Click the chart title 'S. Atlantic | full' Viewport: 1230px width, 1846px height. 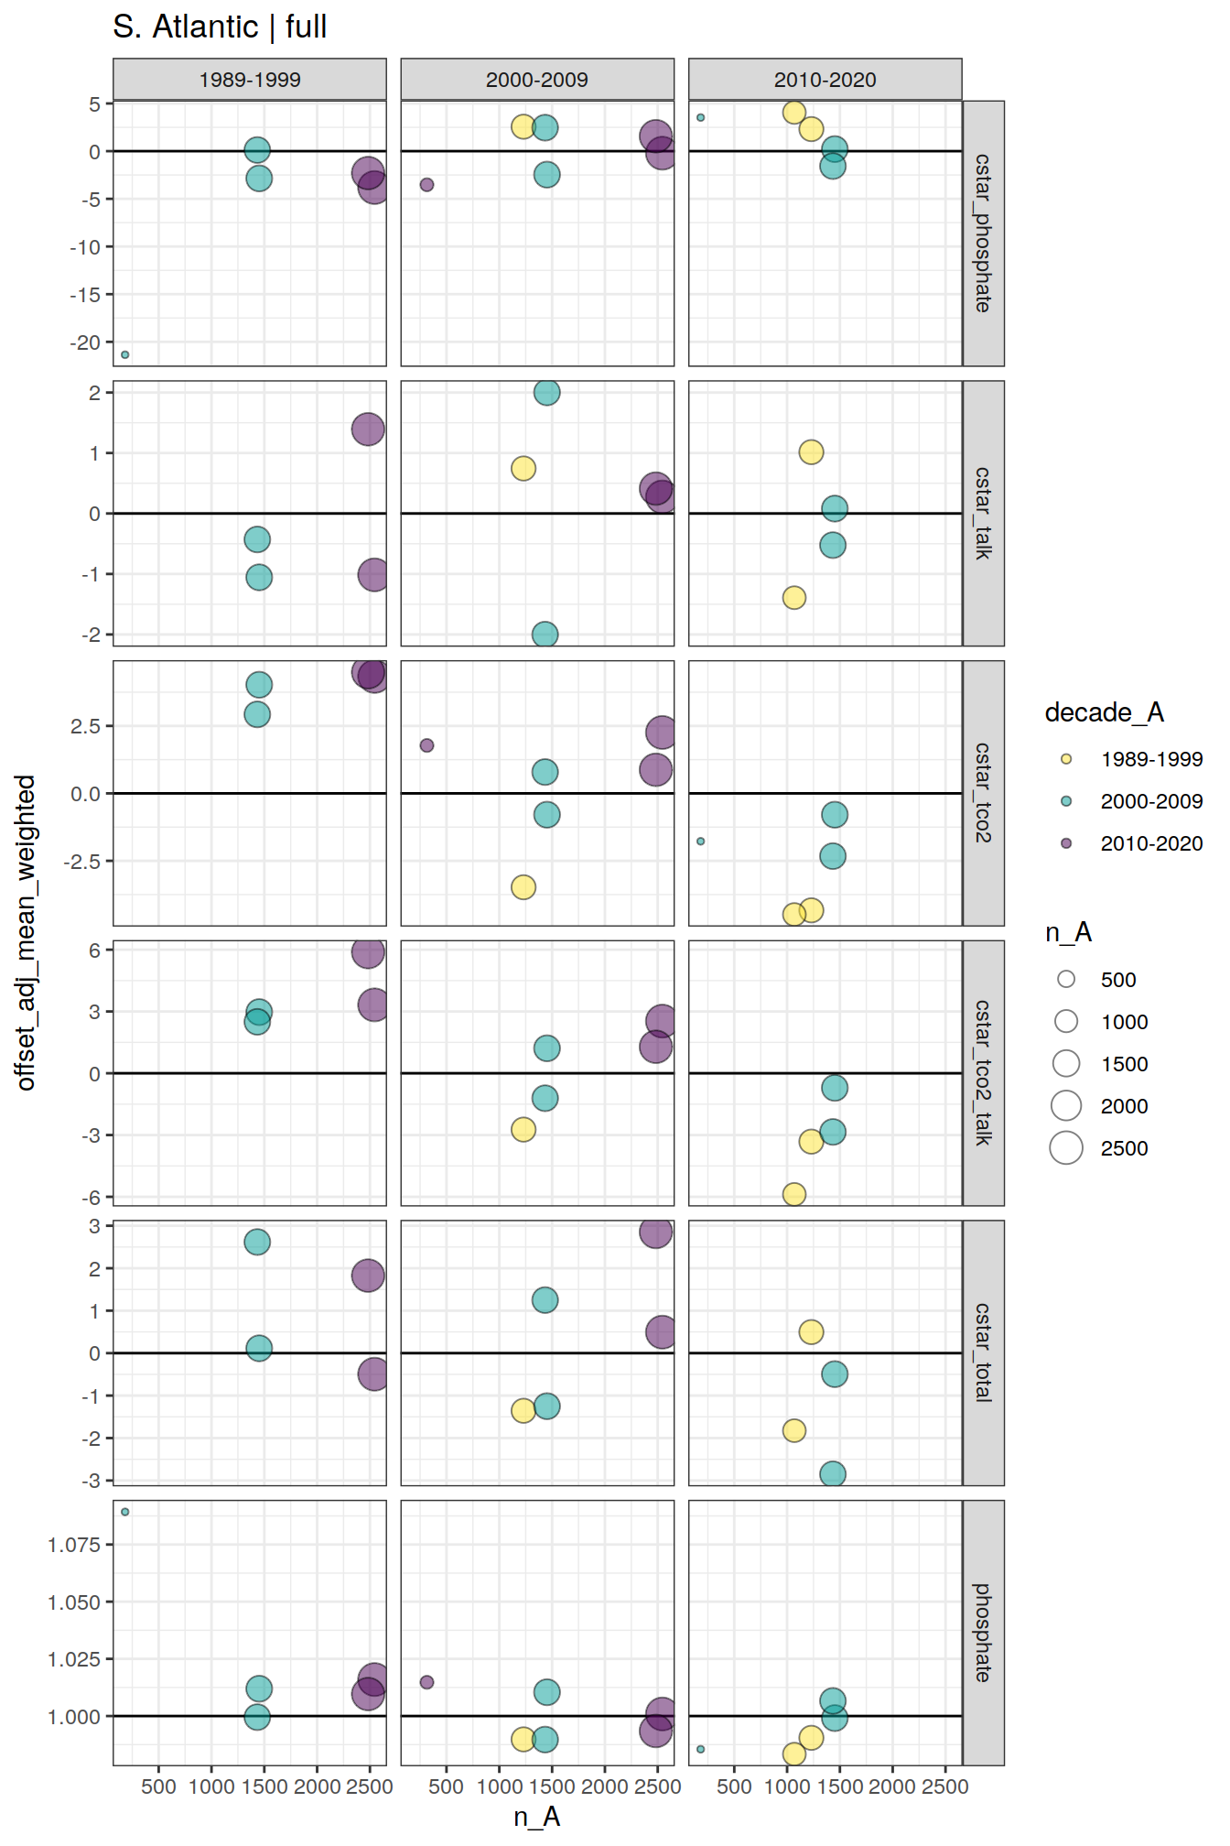tap(220, 27)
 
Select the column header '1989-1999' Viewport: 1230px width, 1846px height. tap(250, 80)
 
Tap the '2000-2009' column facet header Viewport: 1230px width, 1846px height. tap(537, 80)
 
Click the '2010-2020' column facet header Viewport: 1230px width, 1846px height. tap(825, 80)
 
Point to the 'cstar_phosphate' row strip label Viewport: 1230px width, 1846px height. tap(983, 233)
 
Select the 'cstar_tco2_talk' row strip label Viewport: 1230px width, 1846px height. tap(983, 1072)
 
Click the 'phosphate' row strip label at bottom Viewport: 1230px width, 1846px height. tap(983, 1633)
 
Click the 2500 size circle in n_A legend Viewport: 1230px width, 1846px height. tap(1066, 1147)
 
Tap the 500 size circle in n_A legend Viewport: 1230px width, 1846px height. tap(1066, 979)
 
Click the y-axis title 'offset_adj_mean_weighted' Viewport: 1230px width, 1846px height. tap(26, 932)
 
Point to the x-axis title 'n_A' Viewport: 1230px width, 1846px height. tap(536, 1817)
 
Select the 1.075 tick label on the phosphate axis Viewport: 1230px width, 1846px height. tap(74, 1545)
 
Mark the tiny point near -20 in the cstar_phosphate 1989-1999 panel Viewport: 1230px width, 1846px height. tap(125, 354)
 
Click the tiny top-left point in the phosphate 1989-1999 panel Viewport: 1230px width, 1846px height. tap(125, 1512)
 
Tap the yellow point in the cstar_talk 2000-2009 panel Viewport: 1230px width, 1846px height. tap(523, 469)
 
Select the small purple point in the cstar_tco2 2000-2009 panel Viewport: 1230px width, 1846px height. tap(426, 745)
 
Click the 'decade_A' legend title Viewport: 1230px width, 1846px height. tap(1104, 712)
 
